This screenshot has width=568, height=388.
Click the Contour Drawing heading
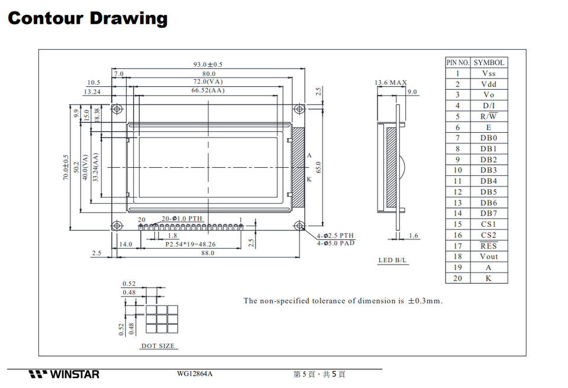(x=88, y=18)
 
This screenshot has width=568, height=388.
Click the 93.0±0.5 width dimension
(x=208, y=64)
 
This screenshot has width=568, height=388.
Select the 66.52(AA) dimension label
(x=208, y=91)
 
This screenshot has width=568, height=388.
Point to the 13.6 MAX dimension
(x=390, y=83)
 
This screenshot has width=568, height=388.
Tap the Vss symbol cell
(x=489, y=73)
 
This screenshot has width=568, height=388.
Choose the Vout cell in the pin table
(x=489, y=256)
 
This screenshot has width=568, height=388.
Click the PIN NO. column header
(x=457, y=62)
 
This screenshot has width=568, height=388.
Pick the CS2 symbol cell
(x=489, y=235)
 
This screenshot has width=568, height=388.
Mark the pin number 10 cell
(x=457, y=170)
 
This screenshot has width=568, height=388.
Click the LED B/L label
(x=393, y=260)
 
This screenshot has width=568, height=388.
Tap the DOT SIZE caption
(x=158, y=346)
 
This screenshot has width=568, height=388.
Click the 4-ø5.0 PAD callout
(x=335, y=243)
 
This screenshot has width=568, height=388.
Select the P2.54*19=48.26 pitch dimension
(x=190, y=244)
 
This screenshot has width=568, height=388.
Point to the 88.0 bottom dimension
(x=208, y=253)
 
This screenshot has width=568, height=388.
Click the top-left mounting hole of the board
(x=117, y=109)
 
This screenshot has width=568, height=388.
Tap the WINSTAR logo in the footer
(x=64, y=374)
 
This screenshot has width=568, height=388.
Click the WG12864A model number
(x=194, y=374)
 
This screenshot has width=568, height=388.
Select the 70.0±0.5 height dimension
(x=66, y=167)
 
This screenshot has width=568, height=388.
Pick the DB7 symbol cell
(x=489, y=213)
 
